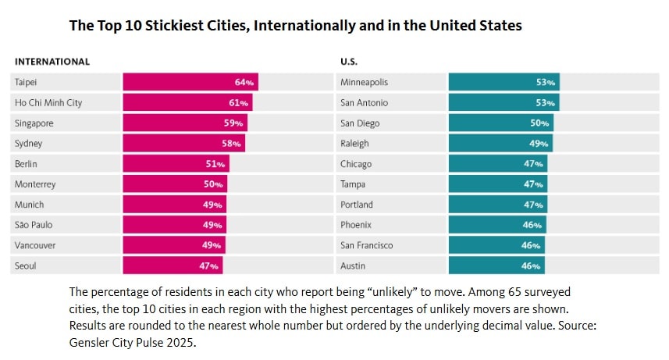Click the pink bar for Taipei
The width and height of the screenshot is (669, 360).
pyautogui.click(x=190, y=82)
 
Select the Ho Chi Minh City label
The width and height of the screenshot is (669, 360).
pyautogui.click(x=48, y=102)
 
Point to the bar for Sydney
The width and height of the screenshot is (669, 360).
pyautogui.click(x=183, y=144)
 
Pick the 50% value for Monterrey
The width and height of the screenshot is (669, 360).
pyautogui.click(x=214, y=184)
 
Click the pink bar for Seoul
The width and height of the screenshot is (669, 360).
pyautogui.click(x=172, y=266)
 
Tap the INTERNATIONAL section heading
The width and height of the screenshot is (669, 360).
pyautogui.click(x=52, y=61)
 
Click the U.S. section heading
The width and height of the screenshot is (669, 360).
pyautogui.click(x=349, y=61)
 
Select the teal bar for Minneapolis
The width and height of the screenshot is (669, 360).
pyautogui.click(x=504, y=82)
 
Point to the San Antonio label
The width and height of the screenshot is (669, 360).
pyautogui.click(x=364, y=102)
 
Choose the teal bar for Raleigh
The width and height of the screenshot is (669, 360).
pyautogui.click(x=500, y=144)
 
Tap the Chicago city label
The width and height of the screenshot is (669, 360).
pyautogui.click(x=356, y=164)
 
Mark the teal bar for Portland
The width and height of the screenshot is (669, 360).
pyautogui.click(x=497, y=205)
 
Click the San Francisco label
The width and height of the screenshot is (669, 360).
pyautogui.click(x=366, y=245)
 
